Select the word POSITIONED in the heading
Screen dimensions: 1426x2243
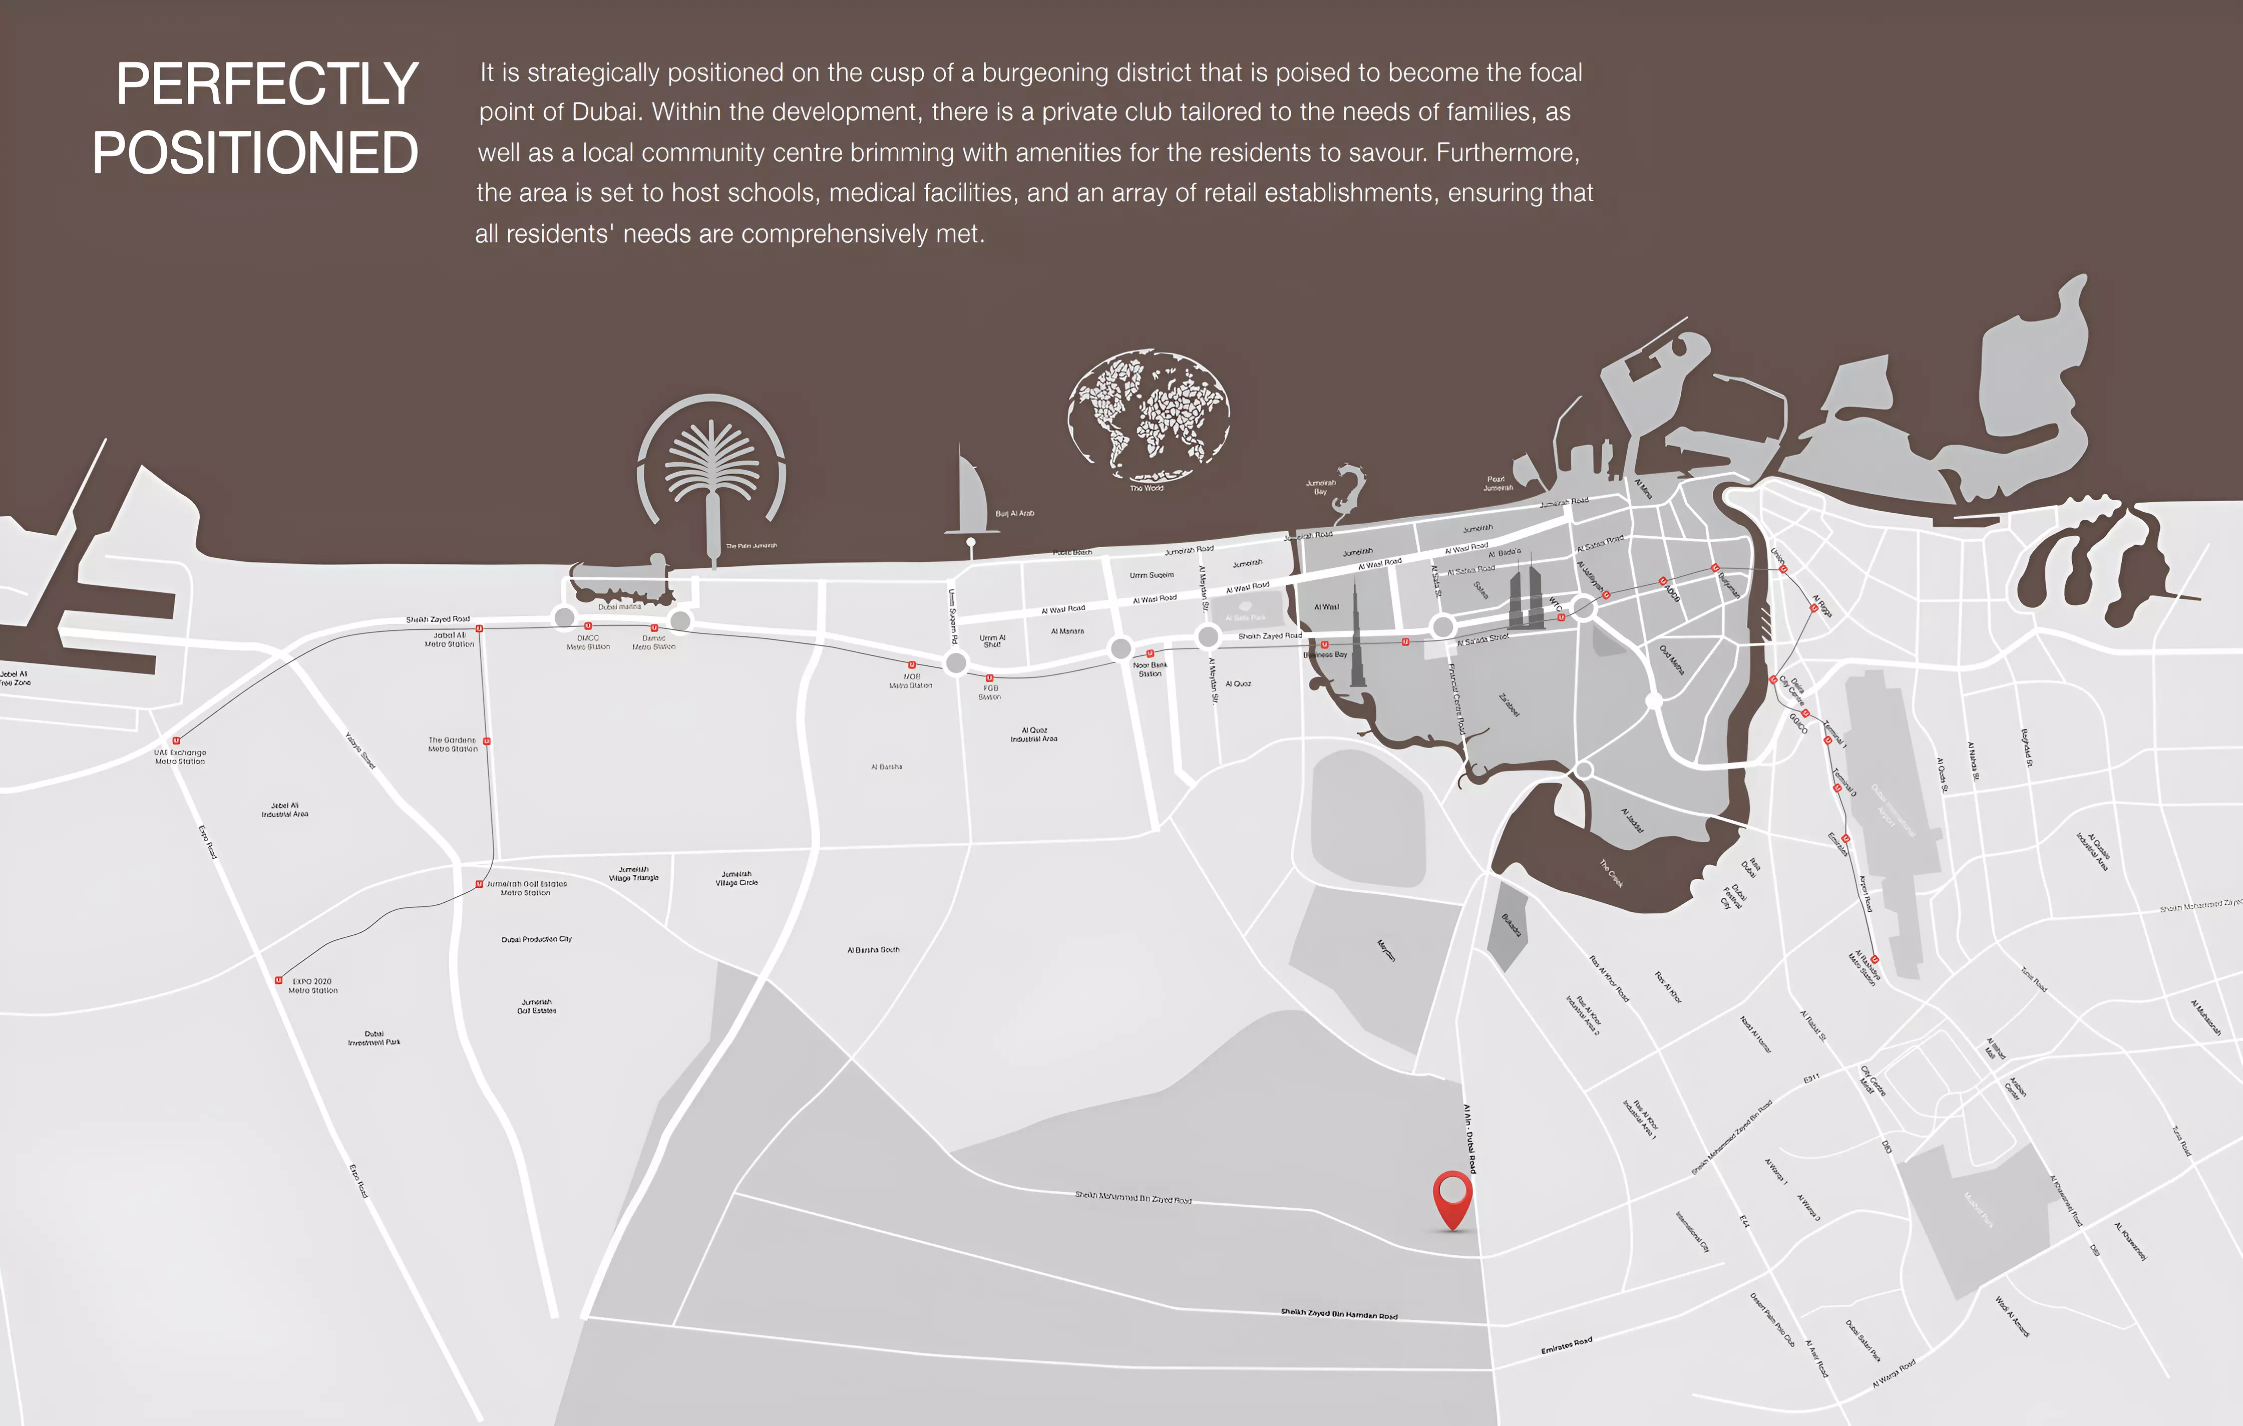[255, 154]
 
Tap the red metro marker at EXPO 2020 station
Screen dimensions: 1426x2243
[278, 980]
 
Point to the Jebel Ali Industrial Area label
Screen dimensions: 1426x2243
[285, 810]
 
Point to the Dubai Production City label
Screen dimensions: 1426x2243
[537, 939]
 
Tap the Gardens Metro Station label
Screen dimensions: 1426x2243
[453, 744]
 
